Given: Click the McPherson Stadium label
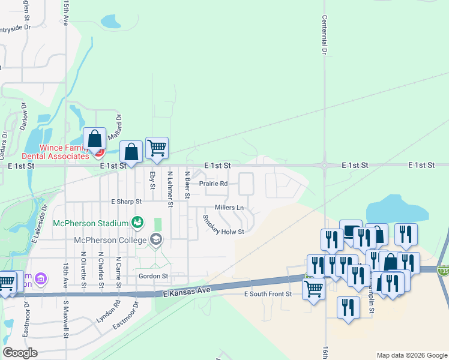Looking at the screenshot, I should (x=91, y=223).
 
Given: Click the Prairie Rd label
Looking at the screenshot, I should (x=214, y=184).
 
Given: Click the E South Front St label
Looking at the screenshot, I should (x=268, y=294).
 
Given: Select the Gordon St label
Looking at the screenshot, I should (x=152, y=276).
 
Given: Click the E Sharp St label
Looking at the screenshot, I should (x=126, y=202).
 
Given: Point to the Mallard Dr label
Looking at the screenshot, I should (x=119, y=126).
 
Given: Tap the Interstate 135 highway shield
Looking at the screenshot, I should (x=444, y=271).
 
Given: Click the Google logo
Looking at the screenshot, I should (x=20, y=353).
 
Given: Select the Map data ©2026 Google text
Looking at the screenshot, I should (x=411, y=355).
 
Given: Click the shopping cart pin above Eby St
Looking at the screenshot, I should (x=157, y=148).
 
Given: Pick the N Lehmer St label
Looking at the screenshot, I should (x=170, y=189).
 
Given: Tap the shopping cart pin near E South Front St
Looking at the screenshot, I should (x=313, y=289).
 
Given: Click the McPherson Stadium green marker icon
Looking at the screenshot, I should (x=137, y=223).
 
